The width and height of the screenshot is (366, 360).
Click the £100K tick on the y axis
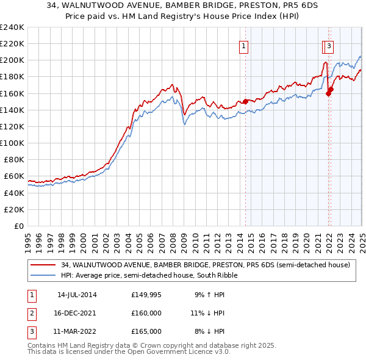(12, 143)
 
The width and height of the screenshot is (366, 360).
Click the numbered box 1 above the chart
(243, 45)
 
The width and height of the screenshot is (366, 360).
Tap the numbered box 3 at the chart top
(329, 45)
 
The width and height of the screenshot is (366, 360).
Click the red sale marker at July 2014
(246, 101)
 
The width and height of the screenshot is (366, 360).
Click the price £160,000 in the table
(146, 313)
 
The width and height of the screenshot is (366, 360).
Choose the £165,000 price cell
(146, 331)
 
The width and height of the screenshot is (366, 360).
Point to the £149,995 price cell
(146, 295)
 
